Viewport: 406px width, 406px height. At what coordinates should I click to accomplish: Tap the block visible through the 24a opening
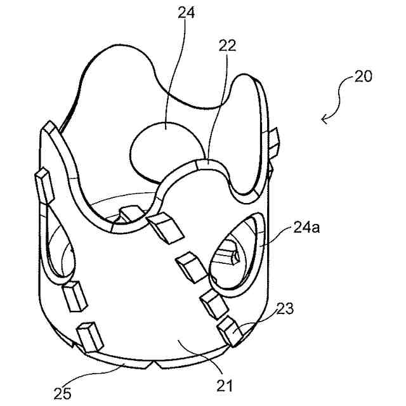click(228, 256)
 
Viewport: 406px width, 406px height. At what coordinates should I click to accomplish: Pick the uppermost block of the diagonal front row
click(164, 227)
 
